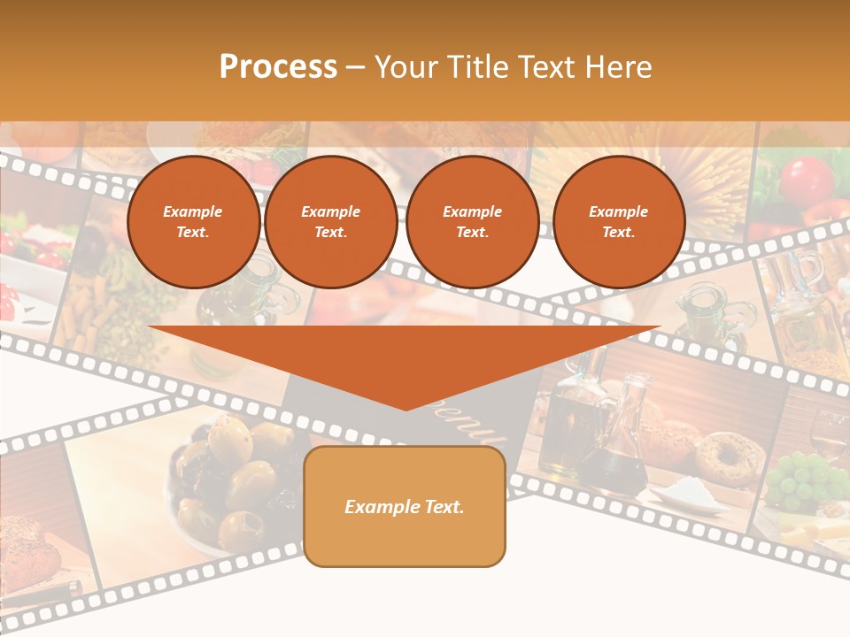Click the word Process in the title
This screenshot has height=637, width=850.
coord(278,67)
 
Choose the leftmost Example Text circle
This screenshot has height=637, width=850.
coord(193,222)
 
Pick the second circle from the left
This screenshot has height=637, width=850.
coord(330,222)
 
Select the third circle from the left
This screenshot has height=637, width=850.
coord(472,222)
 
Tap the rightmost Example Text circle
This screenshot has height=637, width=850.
coord(618,222)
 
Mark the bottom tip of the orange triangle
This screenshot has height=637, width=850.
coord(405,408)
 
